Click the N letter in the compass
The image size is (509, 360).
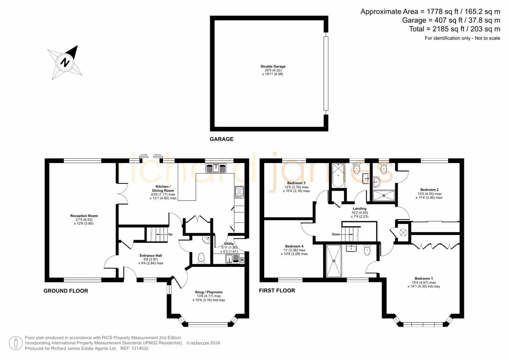click(65, 62)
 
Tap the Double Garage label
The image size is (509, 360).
click(273, 67)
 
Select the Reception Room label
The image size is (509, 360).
click(84, 215)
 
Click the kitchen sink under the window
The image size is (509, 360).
click(216, 168)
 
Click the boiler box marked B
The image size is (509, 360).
click(242, 260)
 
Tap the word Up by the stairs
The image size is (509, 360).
click(170, 234)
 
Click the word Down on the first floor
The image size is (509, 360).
click(336, 234)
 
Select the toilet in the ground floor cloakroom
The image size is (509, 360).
click(201, 258)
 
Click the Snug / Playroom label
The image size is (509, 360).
click(209, 292)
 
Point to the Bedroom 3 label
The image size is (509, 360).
click(296, 183)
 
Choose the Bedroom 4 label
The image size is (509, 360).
click(294, 246)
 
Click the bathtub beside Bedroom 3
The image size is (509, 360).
click(338, 175)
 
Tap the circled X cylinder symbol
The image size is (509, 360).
click(403, 232)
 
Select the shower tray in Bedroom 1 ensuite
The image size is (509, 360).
click(334, 261)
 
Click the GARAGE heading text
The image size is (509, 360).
click(221, 139)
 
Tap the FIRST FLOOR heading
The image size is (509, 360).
click(277, 290)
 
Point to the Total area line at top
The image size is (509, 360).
click(455, 29)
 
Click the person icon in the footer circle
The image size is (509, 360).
click(16, 343)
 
